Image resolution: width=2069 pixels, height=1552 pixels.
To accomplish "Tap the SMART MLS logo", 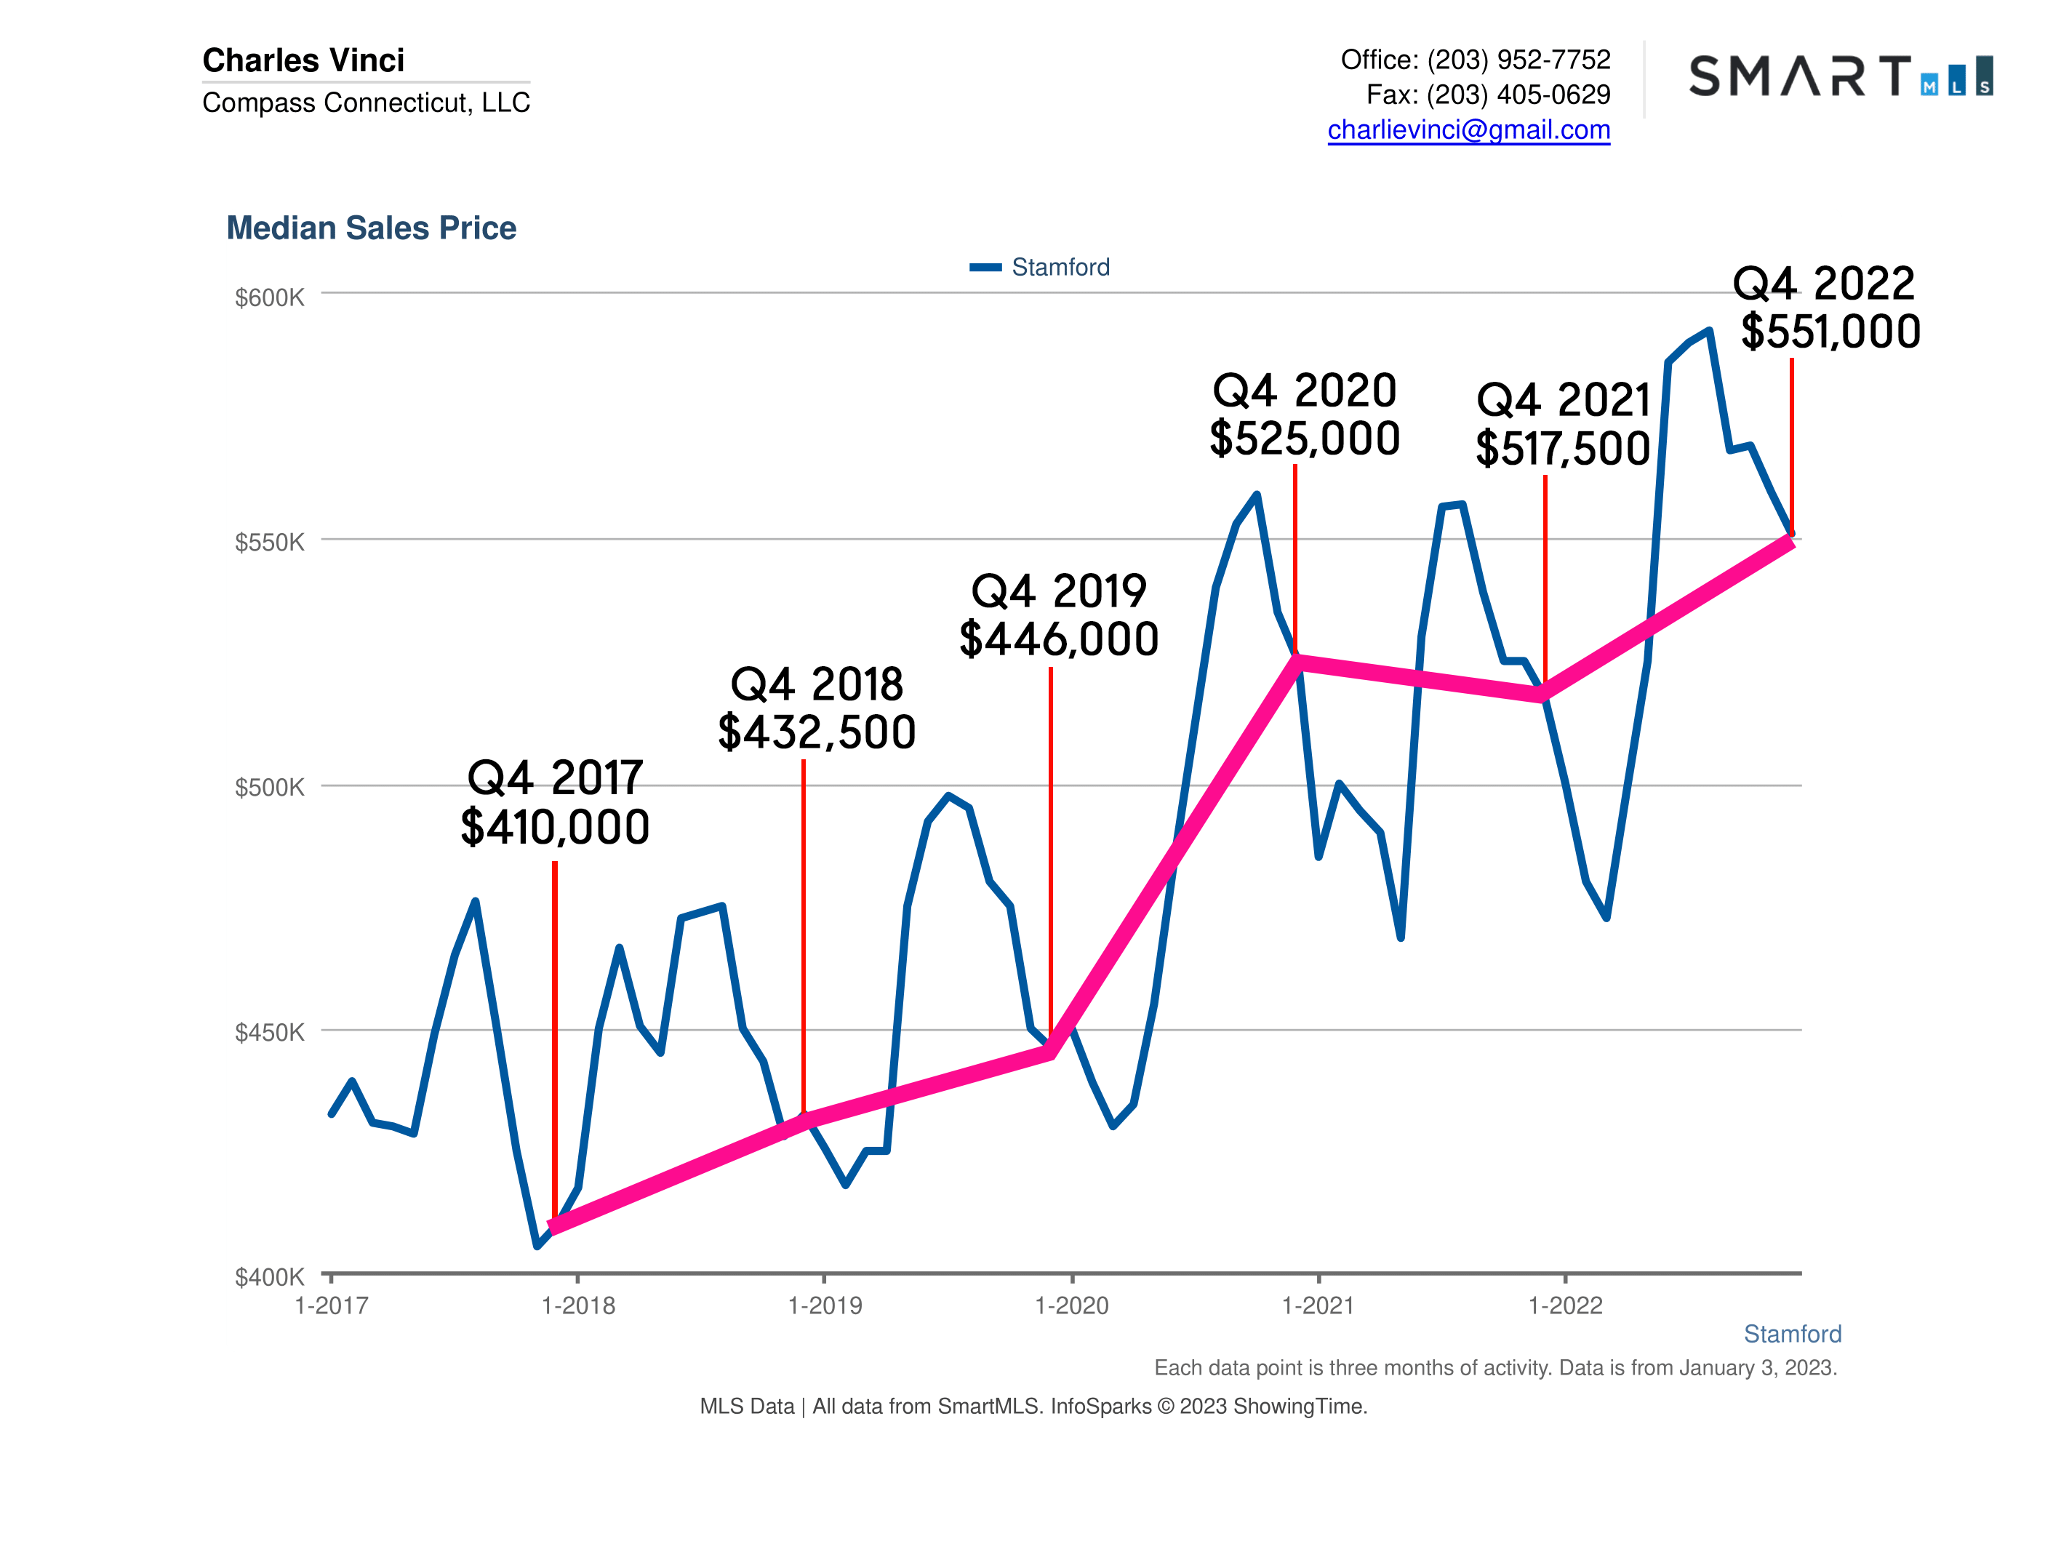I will pyautogui.click(x=1840, y=76).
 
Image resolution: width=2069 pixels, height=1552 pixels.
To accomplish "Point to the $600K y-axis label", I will pyautogui.click(x=269, y=297).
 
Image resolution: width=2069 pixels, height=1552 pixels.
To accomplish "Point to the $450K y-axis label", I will pyautogui.click(x=269, y=1032).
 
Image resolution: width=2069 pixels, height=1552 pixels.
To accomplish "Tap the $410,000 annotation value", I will pyautogui.click(x=555, y=828).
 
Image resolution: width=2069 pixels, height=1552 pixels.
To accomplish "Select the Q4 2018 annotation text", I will pyautogui.click(x=817, y=684).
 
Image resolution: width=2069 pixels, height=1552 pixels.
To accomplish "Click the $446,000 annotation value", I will pyautogui.click(x=1059, y=640).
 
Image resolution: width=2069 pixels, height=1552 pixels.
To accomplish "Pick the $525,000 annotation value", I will pyautogui.click(x=1304, y=439).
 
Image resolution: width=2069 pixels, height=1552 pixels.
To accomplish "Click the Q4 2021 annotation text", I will pyautogui.click(x=1563, y=401).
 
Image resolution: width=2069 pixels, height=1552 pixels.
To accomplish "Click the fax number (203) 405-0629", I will pyautogui.click(x=1518, y=95).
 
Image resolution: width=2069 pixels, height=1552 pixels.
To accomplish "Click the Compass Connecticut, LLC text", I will pyautogui.click(x=366, y=103).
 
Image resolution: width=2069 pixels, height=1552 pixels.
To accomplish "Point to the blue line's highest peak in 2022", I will pyautogui.click(x=1709, y=331).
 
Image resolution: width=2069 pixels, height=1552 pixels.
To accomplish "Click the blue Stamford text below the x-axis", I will pyautogui.click(x=1791, y=1334).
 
